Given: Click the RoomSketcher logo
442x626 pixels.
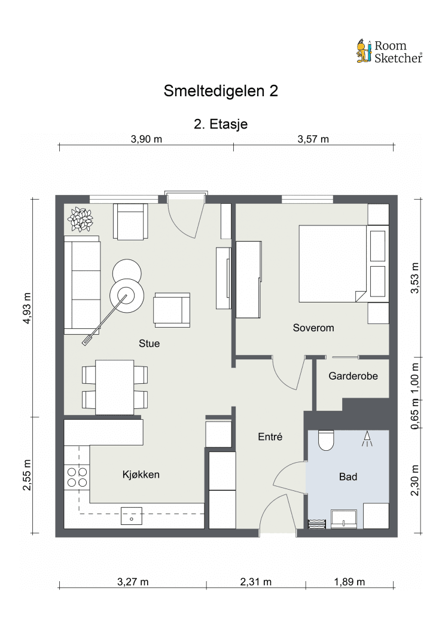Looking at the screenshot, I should (x=389, y=51).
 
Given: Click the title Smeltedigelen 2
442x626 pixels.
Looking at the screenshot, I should (x=221, y=91).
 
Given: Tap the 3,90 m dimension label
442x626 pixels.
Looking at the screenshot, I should (x=147, y=139).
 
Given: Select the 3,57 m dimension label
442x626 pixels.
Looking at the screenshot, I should (x=313, y=139).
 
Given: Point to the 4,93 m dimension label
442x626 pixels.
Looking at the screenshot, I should (x=26, y=307).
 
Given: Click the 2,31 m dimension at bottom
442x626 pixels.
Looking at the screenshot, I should (x=255, y=582).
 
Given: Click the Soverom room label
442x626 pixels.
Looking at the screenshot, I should (x=313, y=328).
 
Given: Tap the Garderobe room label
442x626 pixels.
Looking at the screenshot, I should (x=353, y=376).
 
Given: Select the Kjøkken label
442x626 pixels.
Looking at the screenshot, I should (x=141, y=475).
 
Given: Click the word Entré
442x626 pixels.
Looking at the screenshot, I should (x=270, y=437).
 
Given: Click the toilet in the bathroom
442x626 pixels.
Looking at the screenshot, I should (x=327, y=440).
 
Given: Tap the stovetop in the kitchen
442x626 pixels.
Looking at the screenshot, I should (x=76, y=477).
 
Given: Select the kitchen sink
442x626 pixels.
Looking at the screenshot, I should (x=131, y=515).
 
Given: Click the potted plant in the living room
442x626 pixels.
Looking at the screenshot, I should (x=80, y=219).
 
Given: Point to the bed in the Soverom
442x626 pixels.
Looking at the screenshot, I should (x=332, y=264).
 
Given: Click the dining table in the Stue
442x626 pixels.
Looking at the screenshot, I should (x=115, y=387).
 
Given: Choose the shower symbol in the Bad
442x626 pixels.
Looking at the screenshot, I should (x=366, y=441).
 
